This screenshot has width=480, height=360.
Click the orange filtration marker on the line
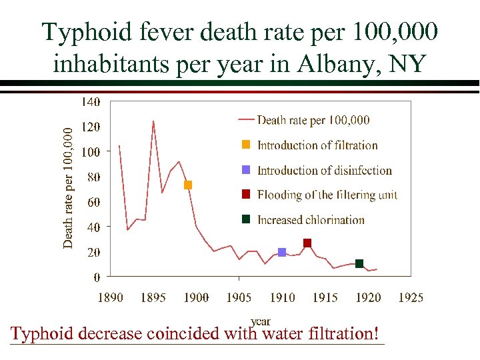(188, 185)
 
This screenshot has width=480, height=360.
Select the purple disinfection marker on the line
(282, 252)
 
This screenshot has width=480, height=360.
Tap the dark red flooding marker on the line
(307, 243)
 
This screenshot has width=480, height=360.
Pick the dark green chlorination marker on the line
(359, 263)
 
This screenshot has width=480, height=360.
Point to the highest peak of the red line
(153, 121)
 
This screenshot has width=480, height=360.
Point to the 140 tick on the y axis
(91, 102)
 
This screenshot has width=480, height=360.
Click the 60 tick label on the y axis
(94, 202)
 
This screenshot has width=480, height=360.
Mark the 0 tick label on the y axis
(97, 276)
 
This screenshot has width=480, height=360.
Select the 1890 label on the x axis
(110, 297)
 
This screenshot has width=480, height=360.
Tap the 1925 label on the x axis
(411, 297)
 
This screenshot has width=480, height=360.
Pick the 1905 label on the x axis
(239, 297)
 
